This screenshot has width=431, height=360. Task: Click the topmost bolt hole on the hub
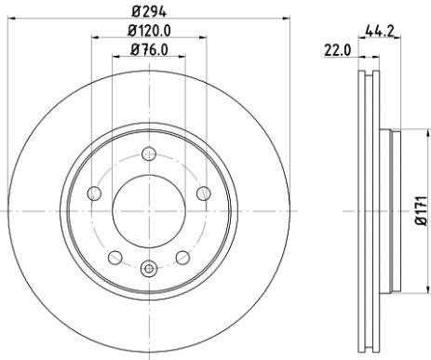click(x=148, y=155)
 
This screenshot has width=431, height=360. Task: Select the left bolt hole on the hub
click(x=92, y=193)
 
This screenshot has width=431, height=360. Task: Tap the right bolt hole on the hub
click(x=203, y=193)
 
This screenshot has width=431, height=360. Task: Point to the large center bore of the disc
click(x=148, y=211)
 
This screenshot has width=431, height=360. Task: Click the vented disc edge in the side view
click(x=364, y=212)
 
